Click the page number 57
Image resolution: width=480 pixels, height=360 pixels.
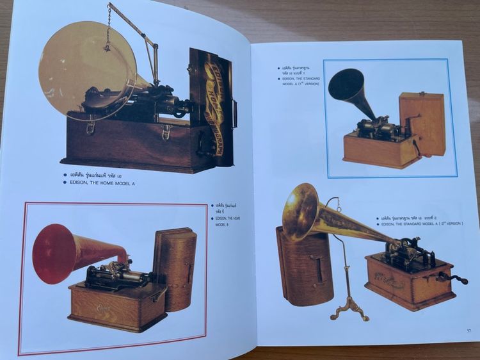click(x=468, y=330)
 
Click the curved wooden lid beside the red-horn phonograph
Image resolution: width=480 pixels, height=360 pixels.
click(x=174, y=266)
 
